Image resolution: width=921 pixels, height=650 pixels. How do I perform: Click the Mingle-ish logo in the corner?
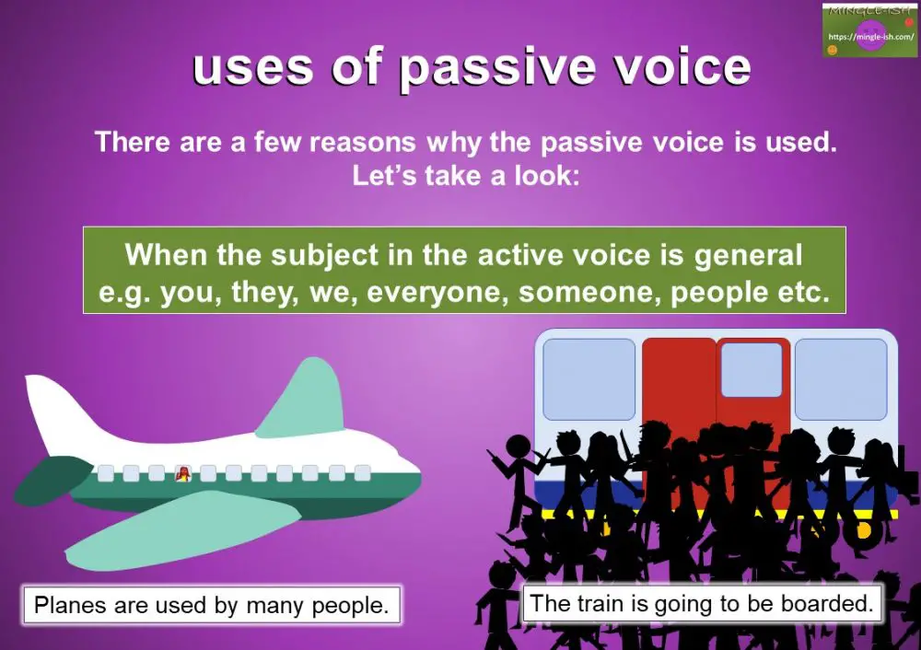tap(869, 30)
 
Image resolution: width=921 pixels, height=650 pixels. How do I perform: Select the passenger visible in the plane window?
tap(182, 473)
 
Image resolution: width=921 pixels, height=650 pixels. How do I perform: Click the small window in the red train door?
tap(752, 369)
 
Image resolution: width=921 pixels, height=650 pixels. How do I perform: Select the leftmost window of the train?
tap(589, 378)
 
